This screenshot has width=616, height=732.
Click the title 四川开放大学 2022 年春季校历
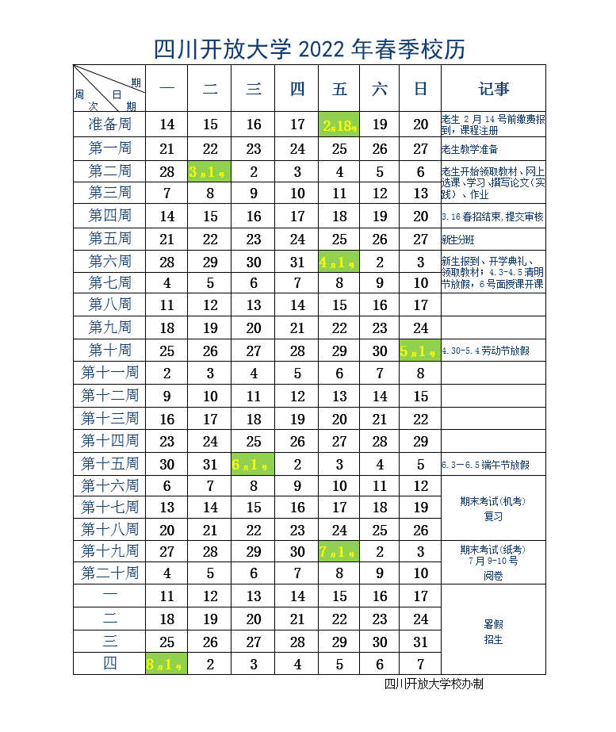tap(309, 49)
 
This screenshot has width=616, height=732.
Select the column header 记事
tap(493, 89)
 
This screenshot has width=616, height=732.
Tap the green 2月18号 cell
tap(339, 125)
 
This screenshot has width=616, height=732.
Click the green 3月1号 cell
tap(209, 172)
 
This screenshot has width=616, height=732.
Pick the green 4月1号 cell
tap(339, 262)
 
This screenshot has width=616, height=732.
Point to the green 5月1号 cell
tap(420, 351)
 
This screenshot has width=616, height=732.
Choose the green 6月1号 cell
tap(253, 464)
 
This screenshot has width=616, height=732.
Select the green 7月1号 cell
tap(339, 551)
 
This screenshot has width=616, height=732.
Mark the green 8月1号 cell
tap(166, 664)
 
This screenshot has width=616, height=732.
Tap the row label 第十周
tap(110, 351)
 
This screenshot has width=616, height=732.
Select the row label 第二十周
tap(110, 573)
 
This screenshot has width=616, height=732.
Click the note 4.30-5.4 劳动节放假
tap(485, 351)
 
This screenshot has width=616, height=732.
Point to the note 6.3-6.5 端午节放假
tap(485, 465)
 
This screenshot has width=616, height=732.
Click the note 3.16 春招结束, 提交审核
tap(492, 217)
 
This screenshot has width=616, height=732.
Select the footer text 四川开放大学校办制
tap(433, 684)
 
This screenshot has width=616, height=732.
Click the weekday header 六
tap(380, 89)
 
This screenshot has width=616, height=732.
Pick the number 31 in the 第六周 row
tap(297, 262)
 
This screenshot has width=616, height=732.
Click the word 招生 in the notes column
tap(493, 639)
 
